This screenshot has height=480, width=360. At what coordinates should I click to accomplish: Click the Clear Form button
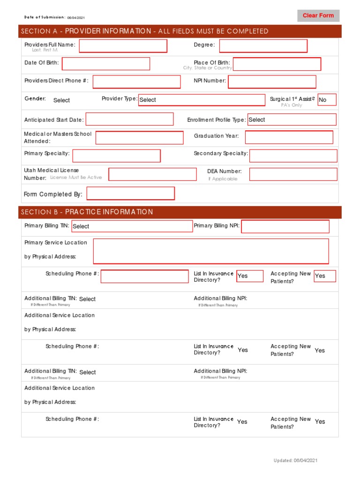click(318, 15)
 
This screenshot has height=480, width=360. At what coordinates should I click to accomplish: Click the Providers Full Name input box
click(123, 46)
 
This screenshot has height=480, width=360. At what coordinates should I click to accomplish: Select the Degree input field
click(263, 46)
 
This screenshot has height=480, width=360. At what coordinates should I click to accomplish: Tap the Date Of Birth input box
click(106, 64)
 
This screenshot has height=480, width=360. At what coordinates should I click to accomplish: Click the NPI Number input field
click(272, 82)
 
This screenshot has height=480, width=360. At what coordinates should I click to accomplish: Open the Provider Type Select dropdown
click(201, 100)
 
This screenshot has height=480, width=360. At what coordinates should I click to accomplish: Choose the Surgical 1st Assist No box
click(327, 100)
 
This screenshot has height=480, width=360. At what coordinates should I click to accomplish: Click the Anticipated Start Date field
click(129, 120)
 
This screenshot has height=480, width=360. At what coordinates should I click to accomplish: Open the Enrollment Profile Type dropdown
click(292, 120)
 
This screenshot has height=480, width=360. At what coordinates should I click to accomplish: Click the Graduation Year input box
click(289, 137)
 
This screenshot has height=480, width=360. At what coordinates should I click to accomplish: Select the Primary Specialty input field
click(116, 156)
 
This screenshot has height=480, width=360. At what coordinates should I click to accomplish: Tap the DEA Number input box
click(293, 174)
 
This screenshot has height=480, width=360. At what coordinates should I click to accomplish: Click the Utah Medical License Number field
click(152, 174)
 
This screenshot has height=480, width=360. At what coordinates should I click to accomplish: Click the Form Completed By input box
click(130, 194)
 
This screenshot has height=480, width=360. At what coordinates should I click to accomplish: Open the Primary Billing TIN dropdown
click(132, 226)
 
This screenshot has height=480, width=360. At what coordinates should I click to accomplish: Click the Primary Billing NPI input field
click(285, 226)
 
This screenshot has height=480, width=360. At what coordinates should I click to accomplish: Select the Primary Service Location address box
click(211, 251)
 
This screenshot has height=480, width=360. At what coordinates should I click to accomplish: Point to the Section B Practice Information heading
click(87, 212)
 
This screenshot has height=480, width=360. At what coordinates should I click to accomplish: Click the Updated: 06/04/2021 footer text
click(295, 461)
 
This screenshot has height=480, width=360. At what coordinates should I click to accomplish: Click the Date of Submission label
click(45, 17)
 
